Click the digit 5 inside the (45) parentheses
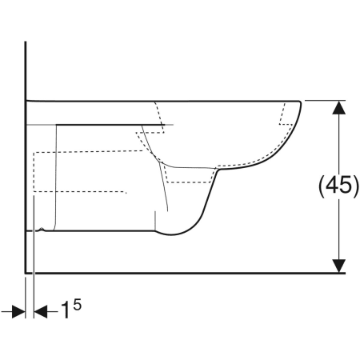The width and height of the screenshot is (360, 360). (346, 186)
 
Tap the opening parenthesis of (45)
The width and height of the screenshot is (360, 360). (322, 186)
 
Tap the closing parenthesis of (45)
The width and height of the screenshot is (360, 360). (356, 186)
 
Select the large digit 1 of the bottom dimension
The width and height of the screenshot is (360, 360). (66, 310)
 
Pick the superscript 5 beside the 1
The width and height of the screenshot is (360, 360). (78, 305)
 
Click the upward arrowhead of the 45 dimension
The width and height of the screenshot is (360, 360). (338, 107)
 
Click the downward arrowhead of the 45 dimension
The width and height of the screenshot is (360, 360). (338, 266)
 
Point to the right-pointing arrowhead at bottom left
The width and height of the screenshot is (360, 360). (18, 312)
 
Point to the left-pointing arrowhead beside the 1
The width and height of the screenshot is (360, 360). (41, 312)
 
